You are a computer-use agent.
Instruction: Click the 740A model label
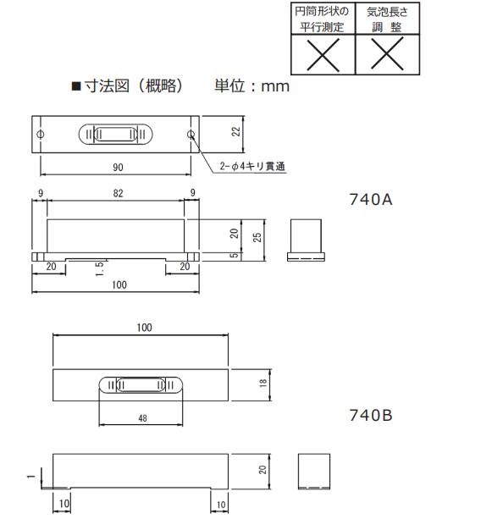(371, 200)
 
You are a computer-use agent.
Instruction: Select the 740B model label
(371, 415)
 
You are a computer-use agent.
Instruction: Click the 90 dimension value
(118, 167)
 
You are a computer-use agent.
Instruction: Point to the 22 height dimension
(237, 131)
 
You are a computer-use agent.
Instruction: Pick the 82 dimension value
(118, 194)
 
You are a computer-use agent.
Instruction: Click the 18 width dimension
(263, 384)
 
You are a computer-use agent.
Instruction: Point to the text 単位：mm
(252, 86)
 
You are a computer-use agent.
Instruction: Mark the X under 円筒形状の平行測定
(321, 56)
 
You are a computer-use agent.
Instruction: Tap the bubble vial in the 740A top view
(116, 135)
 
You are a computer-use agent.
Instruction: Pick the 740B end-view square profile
(313, 471)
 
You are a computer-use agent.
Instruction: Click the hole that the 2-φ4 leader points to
(191, 135)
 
